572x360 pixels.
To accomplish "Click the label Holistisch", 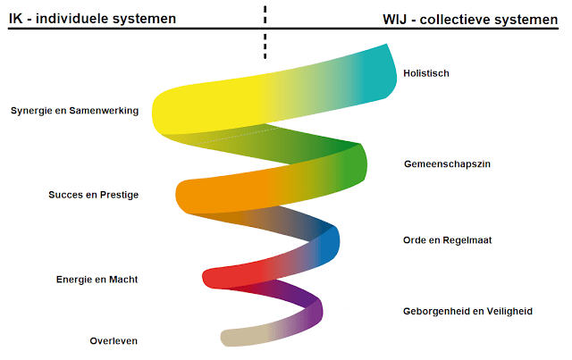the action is click(426, 73).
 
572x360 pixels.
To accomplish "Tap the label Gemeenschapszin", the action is click(447, 164).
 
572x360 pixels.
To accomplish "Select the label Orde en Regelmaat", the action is click(447, 240).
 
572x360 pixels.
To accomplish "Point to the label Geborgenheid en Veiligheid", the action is click(467, 311).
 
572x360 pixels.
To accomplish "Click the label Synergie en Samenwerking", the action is click(75, 111).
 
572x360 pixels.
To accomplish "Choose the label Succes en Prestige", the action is click(93, 195).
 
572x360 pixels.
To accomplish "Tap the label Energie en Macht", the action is click(97, 280).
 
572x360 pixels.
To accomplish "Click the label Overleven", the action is click(114, 341).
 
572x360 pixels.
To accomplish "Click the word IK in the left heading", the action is click(16, 18).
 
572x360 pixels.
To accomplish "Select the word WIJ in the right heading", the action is click(395, 20).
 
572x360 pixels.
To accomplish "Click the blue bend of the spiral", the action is click(330, 243).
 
